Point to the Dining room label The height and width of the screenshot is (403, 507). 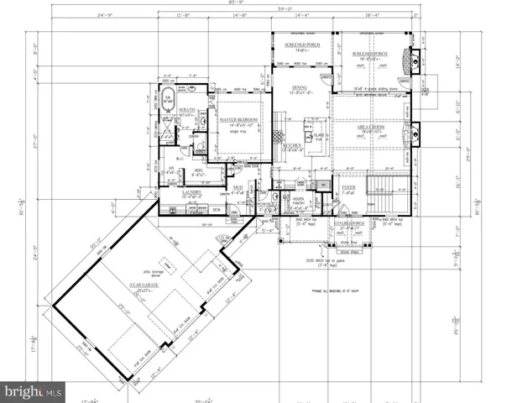tap(301, 86)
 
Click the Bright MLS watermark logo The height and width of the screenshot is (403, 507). tap(34, 392)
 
